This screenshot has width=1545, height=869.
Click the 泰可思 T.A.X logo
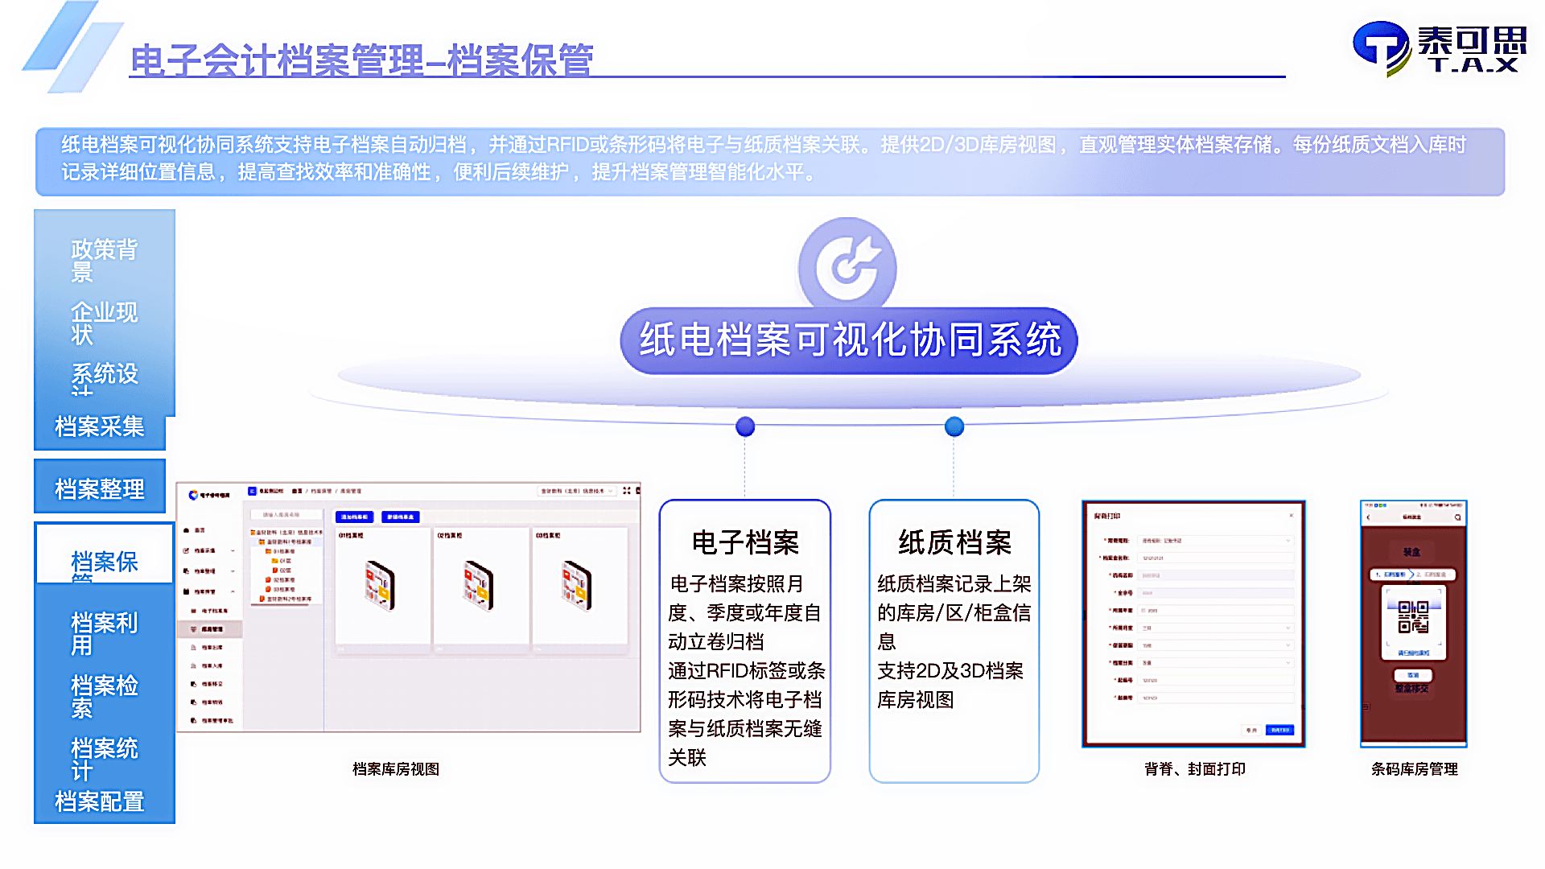1440,48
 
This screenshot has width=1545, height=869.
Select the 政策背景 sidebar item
104,260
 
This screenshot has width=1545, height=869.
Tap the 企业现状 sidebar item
104,322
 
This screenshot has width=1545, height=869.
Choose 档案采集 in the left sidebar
100,426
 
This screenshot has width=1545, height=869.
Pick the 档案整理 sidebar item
100,488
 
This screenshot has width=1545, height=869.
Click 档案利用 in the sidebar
104,633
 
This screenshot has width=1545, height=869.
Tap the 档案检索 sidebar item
104,695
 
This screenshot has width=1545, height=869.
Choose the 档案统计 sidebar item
104,758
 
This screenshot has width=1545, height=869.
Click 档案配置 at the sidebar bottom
100,801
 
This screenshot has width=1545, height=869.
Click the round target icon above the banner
847,266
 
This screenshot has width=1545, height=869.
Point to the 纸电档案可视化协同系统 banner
849,340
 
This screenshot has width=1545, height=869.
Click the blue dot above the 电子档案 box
745,426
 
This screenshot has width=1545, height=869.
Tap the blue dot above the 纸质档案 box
954,426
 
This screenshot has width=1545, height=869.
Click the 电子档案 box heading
745,542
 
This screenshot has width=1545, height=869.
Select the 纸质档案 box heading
954,542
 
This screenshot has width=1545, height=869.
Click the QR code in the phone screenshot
1413,617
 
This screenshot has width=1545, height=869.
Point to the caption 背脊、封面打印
1194,769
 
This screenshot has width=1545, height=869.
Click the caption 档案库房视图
396,769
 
